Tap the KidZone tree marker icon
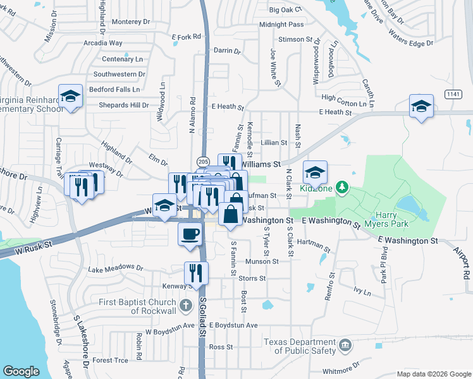(x=342, y=187)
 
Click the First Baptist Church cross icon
(x=185, y=306)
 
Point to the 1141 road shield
(x=453, y=94)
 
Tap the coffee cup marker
(x=190, y=234)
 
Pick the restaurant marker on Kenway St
(x=196, y=272)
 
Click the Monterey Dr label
(x=130, y=21)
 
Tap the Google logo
(x=21, y=371)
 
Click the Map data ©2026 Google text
(x=433, y=374)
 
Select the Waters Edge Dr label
(x=410, y=37)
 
